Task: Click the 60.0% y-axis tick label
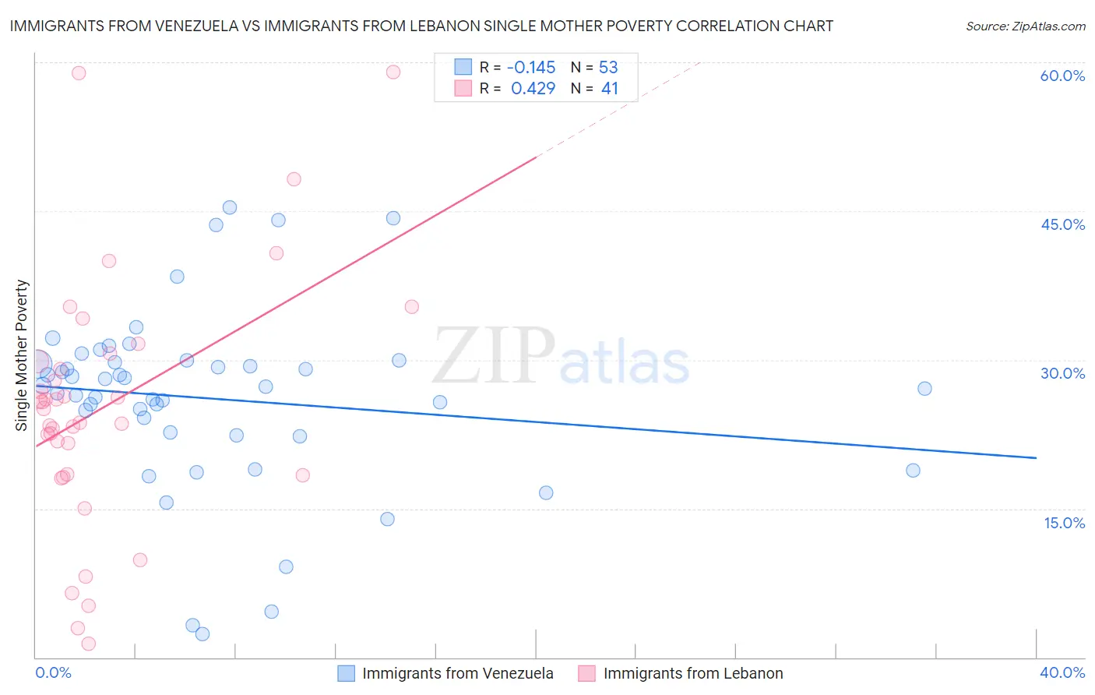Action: (x=1062, y=76)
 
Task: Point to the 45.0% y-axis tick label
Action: (x=1062, y=224)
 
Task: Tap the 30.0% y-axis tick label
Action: (x=1062, y=373)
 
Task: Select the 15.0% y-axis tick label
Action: (x=1064, y=522)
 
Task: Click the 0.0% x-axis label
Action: (x=53, y=672)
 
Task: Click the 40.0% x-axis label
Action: (x=1062, y=672)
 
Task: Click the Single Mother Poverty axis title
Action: (x=22, y=355)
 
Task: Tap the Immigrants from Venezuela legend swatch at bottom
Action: (x=347, y=673)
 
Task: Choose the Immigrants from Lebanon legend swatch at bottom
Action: (x=587, y=673)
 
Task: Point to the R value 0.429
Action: (x=533, y=89)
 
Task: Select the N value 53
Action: (x=608, y=67)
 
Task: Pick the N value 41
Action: (x=609, y=89)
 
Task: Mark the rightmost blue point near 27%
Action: (x=924, y=389)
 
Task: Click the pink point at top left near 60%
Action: (x=79, y=73)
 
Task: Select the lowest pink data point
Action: (x=89, y=644)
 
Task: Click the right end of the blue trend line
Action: (x=1036, y=458)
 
